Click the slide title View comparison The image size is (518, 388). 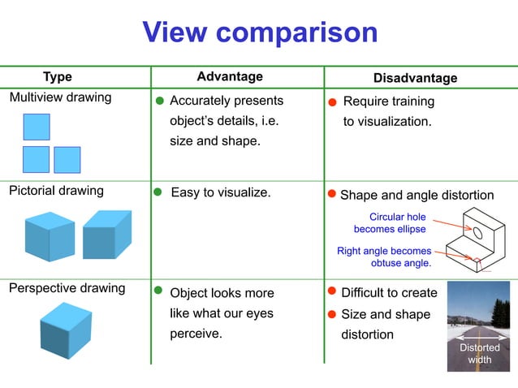(x=260, y=32)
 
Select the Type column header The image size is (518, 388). (x=57, y=77)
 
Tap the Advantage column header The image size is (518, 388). (x=230, y=76)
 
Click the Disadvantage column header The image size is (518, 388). (x=415, y=78)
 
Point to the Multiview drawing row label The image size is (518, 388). (x=60, y=98)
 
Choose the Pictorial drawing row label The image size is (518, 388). (x=56, y=192)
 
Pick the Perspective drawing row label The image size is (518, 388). (x=67, y=288)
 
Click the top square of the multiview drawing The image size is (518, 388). (x=37, y=127)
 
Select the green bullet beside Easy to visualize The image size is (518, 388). (x=158, y=194)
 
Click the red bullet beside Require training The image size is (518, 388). (x=332, y=103)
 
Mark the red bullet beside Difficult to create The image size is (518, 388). (x=331, y=291)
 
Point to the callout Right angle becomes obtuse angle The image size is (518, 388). (x=385, y=257)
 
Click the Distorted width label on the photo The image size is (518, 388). (x=480, y=353)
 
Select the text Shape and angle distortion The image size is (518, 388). (x=417, y=196)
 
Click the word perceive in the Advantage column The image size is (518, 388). (x=196, y=334)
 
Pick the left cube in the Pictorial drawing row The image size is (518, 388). (x=49, y=235)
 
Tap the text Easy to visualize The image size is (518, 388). (x=220, y=193)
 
